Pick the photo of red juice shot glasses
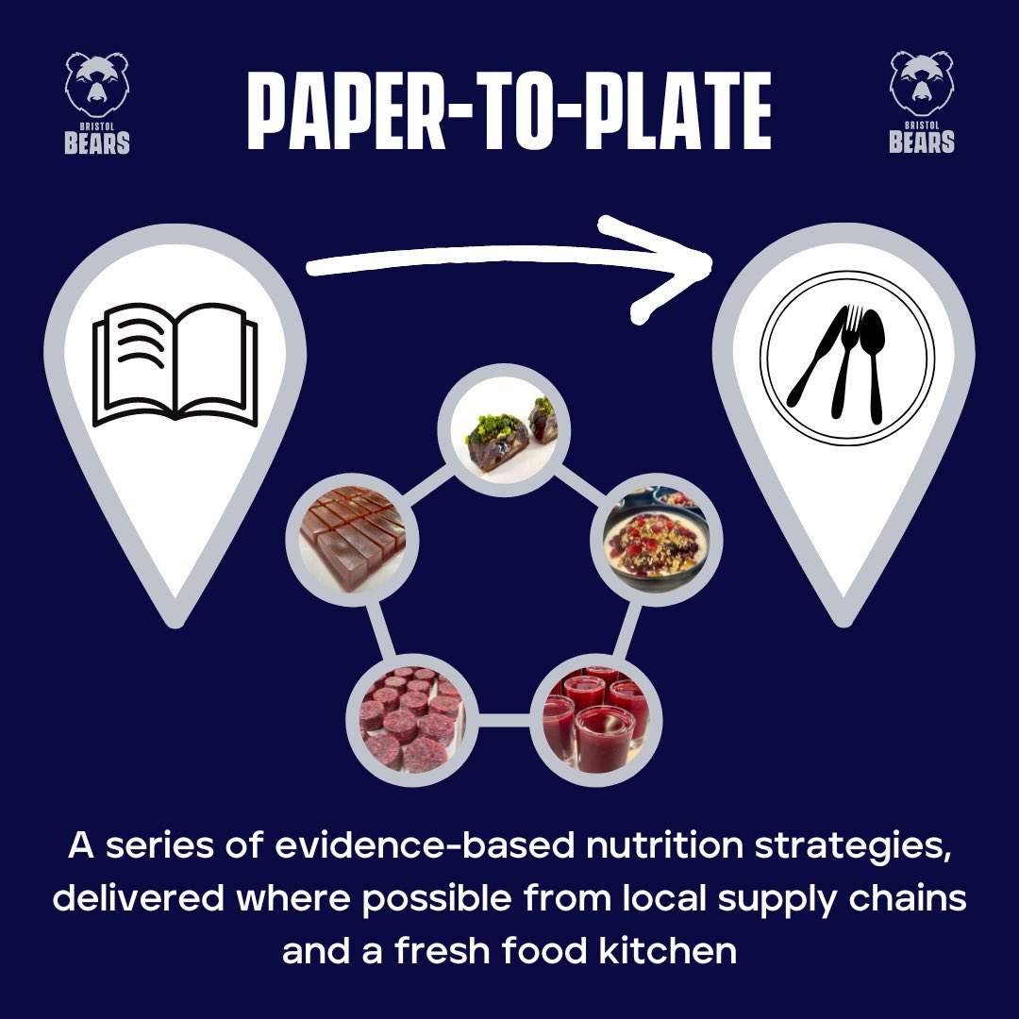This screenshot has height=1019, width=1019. [593, 714]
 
